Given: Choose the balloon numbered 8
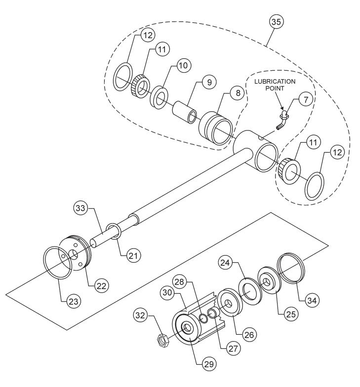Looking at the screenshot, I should [x=238, y=93].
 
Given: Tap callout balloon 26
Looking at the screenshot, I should [x=250, y=334].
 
